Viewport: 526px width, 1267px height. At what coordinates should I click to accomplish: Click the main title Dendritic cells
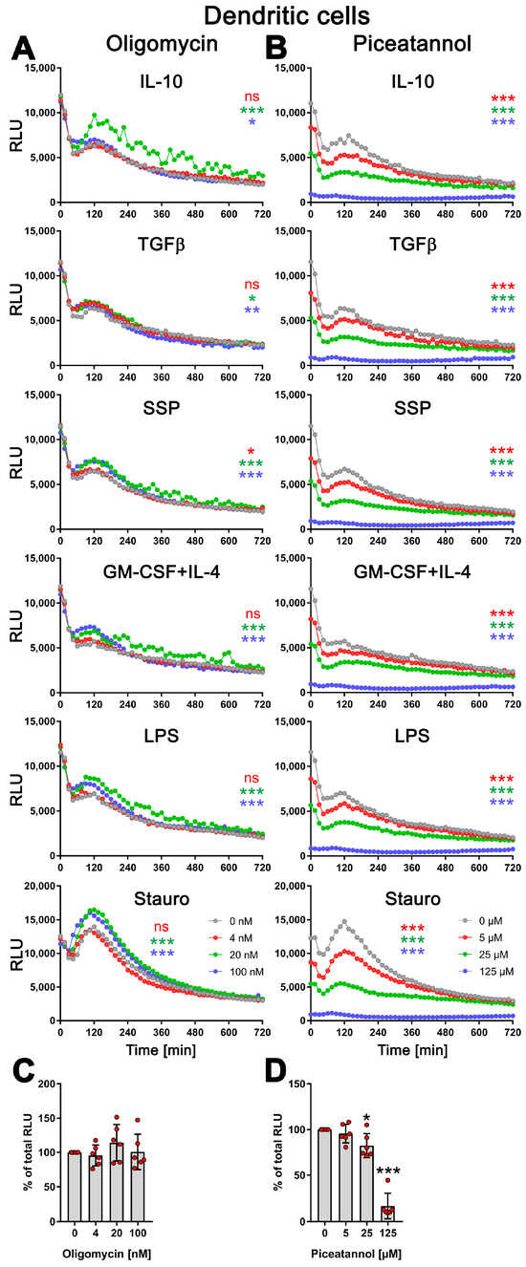pyautogui.click(x=264, y=15)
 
